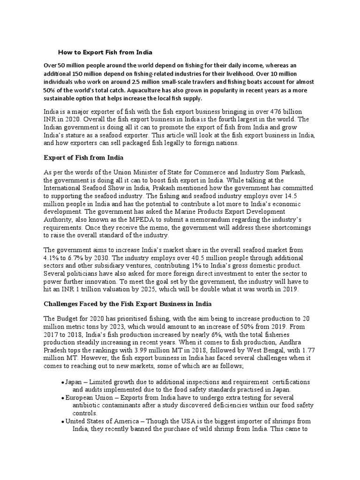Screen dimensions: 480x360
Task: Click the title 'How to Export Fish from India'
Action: pyautogui.click(x=105, y=52)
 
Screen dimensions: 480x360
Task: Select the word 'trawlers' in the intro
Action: pyautogui.click(x=213, y=73)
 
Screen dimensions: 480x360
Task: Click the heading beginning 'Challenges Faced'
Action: pyautogui.click(x=127, y=304)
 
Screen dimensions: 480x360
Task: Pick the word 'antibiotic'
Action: pyautogui.click(x=88, y=406)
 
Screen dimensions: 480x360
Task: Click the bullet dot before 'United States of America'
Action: pyautogui.click(x=62, y=422)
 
